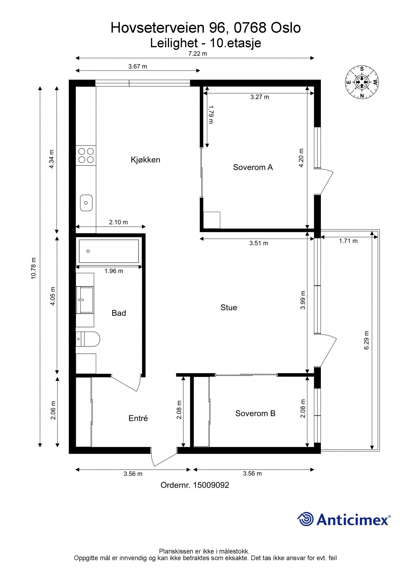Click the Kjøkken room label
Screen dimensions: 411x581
[145, 160]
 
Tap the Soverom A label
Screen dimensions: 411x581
[253, 167]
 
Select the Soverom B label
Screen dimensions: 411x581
[255, 413]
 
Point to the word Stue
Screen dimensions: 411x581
[229, 307]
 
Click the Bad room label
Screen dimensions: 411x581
[119, 313]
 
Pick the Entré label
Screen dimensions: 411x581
[138, 418]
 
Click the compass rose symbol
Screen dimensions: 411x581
[362, 82]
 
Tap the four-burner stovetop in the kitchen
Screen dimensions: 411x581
[86, 155]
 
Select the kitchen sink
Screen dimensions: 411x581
[86, 203]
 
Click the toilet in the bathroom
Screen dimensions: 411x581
[88, 339]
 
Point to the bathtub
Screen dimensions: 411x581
[109, 251]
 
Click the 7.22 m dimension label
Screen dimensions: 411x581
[198, 54]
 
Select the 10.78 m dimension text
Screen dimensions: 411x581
[34, 268]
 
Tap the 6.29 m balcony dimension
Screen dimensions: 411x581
[366, 340]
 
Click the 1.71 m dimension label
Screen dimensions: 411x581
[348, 241]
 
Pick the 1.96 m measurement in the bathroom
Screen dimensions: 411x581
[114, 271]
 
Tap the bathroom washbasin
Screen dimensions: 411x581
[85, 300]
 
